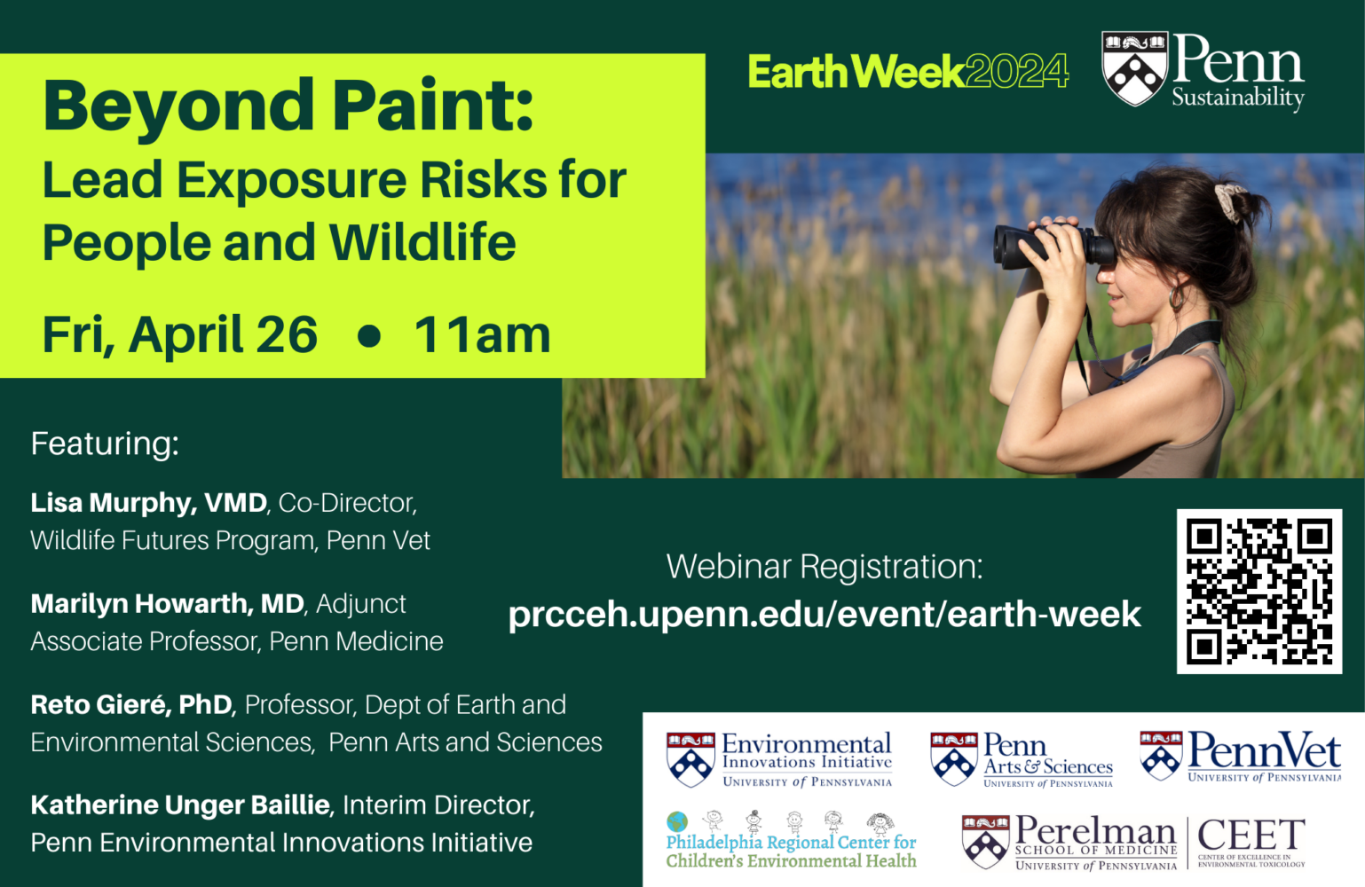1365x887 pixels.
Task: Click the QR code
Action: (1258, 592)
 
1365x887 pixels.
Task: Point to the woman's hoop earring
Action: (1177, 297)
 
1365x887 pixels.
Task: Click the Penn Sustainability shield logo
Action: (1134, 68)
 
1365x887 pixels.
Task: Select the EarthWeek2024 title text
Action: (908, 72)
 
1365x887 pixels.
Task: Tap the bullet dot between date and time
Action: (369, 336)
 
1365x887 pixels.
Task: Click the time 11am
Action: (482, 335)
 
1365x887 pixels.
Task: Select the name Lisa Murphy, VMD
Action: (148, 503)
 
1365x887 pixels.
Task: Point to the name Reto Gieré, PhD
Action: (131, 705)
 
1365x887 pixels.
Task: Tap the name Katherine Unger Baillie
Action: (180, 805)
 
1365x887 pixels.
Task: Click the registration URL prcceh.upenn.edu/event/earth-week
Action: (824, 615)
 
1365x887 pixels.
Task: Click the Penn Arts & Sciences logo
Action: (1021, 759)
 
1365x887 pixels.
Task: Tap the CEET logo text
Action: (1251, 836)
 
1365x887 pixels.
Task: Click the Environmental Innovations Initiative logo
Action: (779, 759)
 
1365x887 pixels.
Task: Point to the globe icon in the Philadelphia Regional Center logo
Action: (677, 821)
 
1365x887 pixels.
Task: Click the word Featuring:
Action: (105, 443)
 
